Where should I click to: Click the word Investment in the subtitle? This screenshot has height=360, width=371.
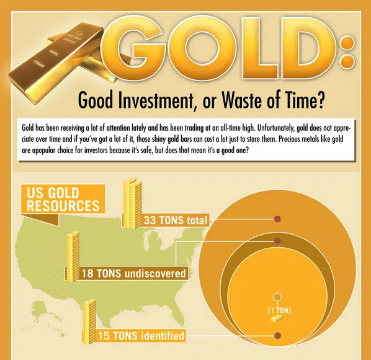[156, 100]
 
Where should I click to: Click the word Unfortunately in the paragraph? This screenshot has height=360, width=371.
[275, 128]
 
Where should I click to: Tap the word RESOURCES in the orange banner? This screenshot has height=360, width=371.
[63, 206]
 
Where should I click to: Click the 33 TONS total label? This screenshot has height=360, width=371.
[176, 221]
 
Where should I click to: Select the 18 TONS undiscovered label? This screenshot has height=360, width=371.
[133, 273]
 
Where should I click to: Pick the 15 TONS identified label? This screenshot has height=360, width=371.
[141, 336]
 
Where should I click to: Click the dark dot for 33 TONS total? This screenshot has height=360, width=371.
[277, 219]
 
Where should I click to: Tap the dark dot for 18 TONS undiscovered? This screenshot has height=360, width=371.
[277, 241]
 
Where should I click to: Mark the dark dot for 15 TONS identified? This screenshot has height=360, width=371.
[277, 335]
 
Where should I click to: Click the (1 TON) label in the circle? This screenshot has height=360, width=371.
[279, 310]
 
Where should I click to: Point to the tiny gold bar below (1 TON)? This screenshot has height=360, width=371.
[277, 318]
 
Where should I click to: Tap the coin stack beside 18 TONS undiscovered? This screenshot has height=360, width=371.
[73, 257]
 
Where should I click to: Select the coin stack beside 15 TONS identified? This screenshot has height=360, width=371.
[89, 322]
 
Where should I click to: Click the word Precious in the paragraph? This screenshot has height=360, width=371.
[287, 139]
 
